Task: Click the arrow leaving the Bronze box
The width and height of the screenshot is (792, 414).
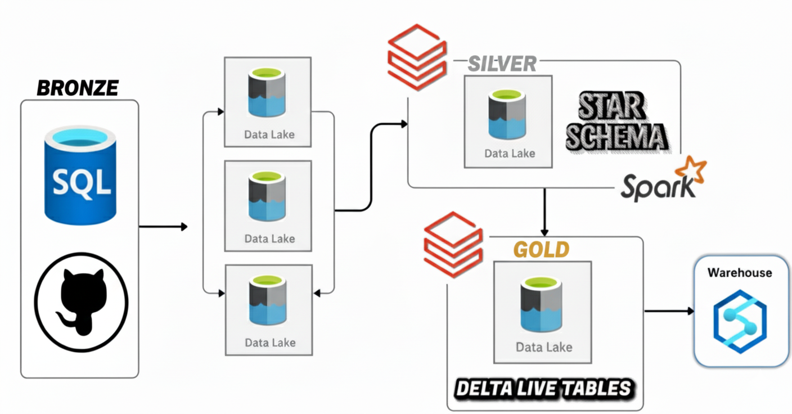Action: click(163, 227)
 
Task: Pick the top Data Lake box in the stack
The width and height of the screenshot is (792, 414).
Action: click(268, 102)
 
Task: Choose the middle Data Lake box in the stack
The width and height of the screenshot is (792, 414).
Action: click(268, 206)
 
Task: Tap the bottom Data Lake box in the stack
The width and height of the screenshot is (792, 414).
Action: click(268, 310)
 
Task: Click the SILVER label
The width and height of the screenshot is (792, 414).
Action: click(502, 64)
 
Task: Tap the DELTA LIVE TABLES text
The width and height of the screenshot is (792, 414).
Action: click(543, 389)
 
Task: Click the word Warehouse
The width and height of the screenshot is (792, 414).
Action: click(739, 273)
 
